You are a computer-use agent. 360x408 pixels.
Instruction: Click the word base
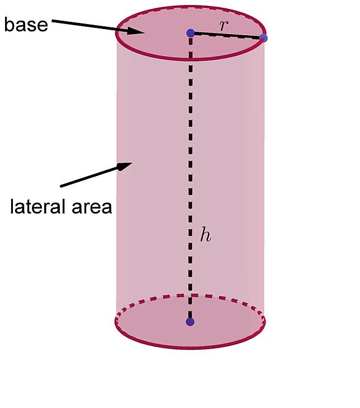click(26, 25)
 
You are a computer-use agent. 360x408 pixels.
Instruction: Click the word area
click(92, 208)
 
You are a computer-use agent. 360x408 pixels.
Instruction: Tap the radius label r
click(224, 25)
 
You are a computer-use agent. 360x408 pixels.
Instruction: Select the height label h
click(205, 234)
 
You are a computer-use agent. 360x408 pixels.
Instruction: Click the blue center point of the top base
click(191, 33)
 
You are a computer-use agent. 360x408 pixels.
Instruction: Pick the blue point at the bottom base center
click(190, 322)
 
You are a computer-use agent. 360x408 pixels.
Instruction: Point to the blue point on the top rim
click(263, 38)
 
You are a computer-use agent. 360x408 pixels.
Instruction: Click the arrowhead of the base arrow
click(135, 31)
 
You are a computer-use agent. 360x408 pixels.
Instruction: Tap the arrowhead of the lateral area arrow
click(125, 166)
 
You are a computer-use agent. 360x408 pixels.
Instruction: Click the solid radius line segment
click(227, 35)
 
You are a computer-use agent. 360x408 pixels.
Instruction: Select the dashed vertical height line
click(191, 178)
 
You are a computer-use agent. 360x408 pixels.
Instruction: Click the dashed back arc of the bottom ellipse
click(190, 296)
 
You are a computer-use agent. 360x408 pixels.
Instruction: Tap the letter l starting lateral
click(12, 206)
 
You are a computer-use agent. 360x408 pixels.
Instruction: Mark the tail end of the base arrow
click(52, 21)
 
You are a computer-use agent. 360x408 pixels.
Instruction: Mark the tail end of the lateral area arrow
click(60, 186)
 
